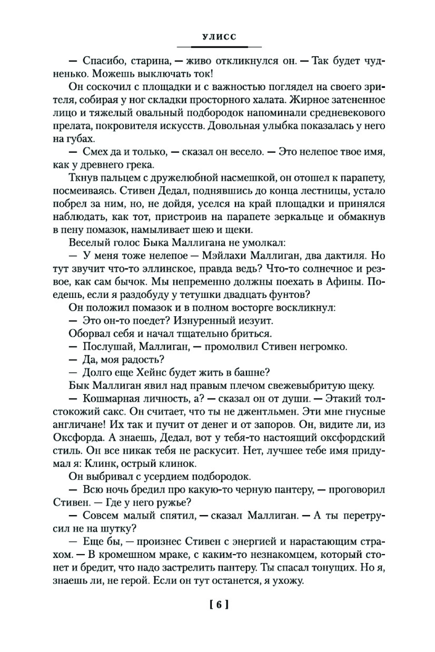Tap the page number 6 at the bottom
[219, 605]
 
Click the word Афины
[344, 281]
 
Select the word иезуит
[254, 321]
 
